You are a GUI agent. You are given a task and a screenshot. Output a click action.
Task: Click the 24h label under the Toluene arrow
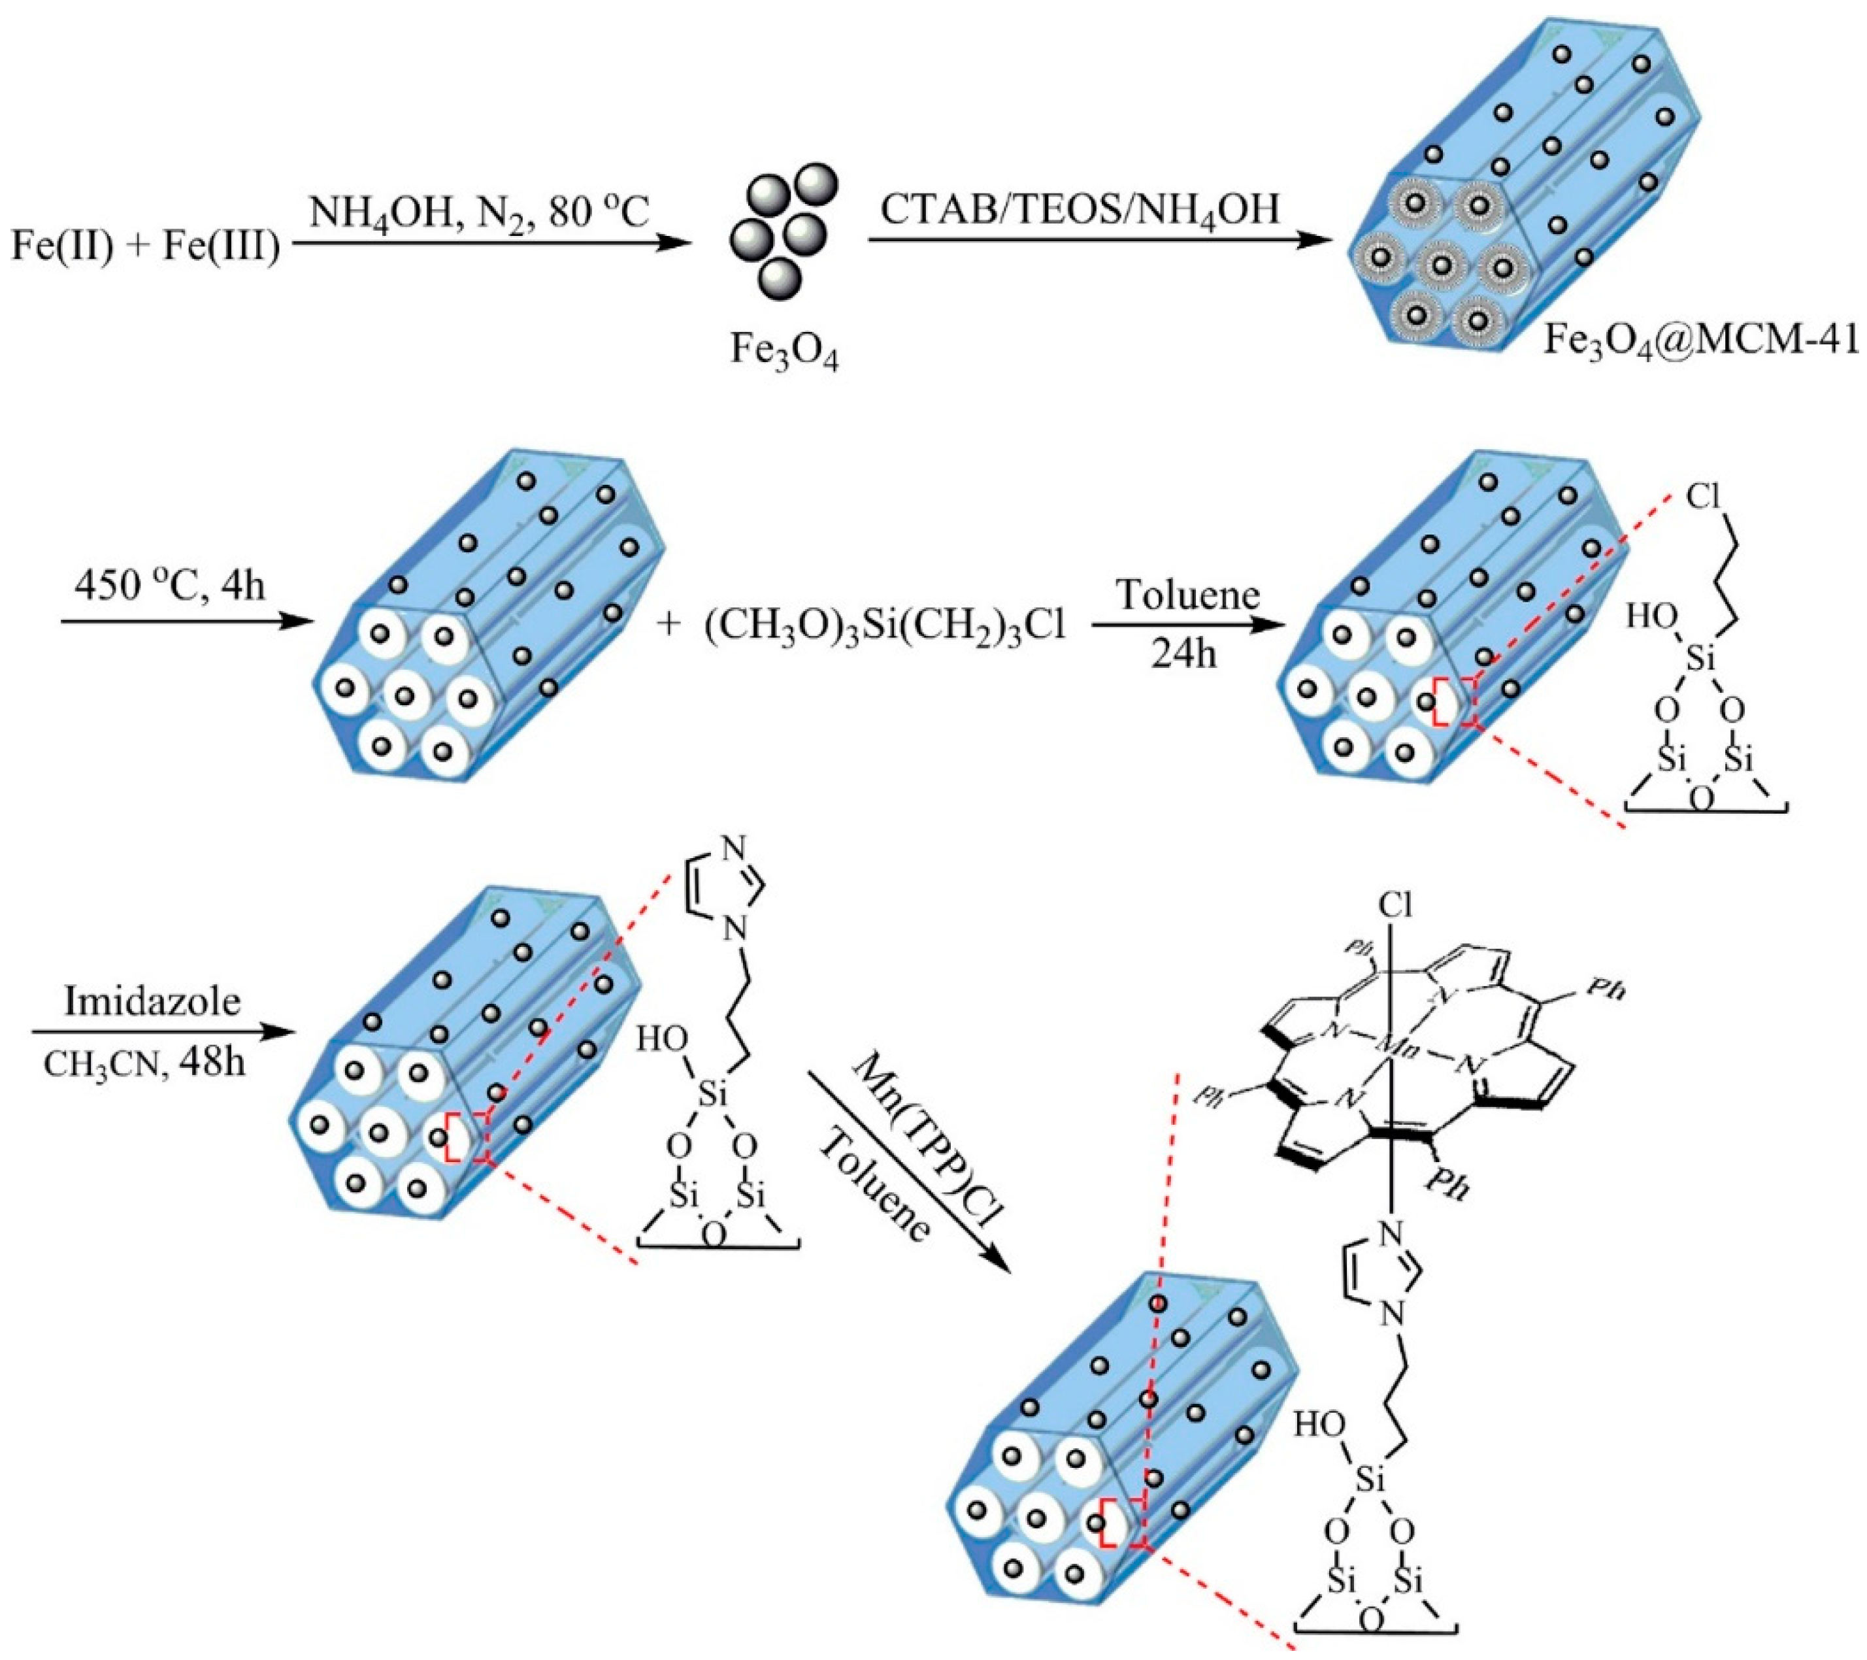pyautogui.click(x=1185, y=654)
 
